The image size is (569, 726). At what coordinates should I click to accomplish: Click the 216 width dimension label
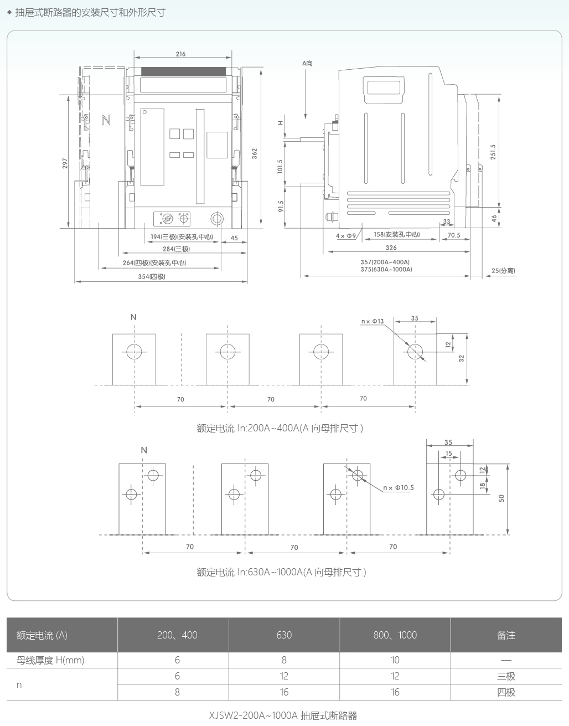(x=180, y=54)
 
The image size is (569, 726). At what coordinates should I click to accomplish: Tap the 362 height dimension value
(x=255, y=154)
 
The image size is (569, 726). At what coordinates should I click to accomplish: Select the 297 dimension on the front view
(x=65, y=163)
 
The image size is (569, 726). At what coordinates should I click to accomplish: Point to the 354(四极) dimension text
(x=152, y=276)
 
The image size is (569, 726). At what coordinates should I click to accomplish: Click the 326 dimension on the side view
(x=391, y=248)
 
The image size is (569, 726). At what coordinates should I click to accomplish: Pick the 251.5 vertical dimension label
(x=493, y=152)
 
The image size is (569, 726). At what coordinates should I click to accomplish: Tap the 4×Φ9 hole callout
(x=346, y=236)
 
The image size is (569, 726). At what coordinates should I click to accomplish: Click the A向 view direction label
(x=307, y=63)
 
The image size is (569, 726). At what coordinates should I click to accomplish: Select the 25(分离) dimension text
(x=503, y=271)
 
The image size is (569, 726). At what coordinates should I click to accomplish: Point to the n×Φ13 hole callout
(x=373, y=321)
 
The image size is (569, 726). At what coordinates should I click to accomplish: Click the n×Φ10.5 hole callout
(x=399, y=488)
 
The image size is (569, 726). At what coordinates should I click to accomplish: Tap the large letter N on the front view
(x=106, y=120)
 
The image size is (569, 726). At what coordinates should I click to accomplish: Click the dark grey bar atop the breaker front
(x=183, y=71)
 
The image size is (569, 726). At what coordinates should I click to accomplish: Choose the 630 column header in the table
(x=284, y=635)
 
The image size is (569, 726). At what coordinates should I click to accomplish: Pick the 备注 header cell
(x=506, y=635)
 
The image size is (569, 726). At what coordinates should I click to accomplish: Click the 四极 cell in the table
(x=506, y=692)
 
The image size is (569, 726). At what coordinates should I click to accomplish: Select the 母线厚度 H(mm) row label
(x=50, y=660)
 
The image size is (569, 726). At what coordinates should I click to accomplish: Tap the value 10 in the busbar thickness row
(x=395, y=660)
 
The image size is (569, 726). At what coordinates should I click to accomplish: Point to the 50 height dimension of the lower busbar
(x=501, y=498)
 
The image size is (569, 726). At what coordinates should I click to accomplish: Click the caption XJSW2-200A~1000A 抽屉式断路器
(x=283, y=715)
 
